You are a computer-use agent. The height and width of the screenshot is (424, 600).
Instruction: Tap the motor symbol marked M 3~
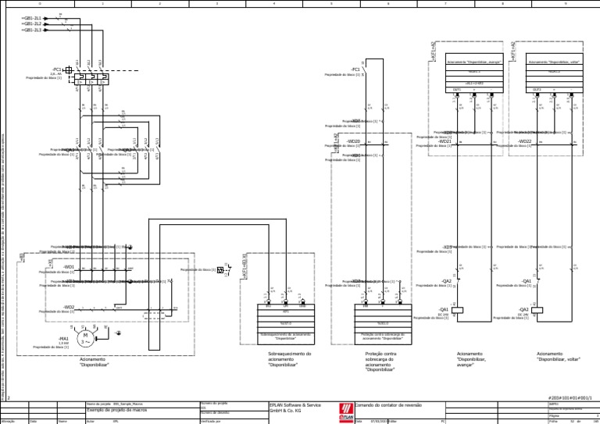click(x=87, y=337)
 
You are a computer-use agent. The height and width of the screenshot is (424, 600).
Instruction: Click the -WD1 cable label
click(x=69, y=266)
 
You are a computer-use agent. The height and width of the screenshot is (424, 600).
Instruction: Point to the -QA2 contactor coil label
click(x=523, y=309)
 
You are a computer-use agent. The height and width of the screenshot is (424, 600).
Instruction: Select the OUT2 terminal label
click(x=537, y=90)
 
